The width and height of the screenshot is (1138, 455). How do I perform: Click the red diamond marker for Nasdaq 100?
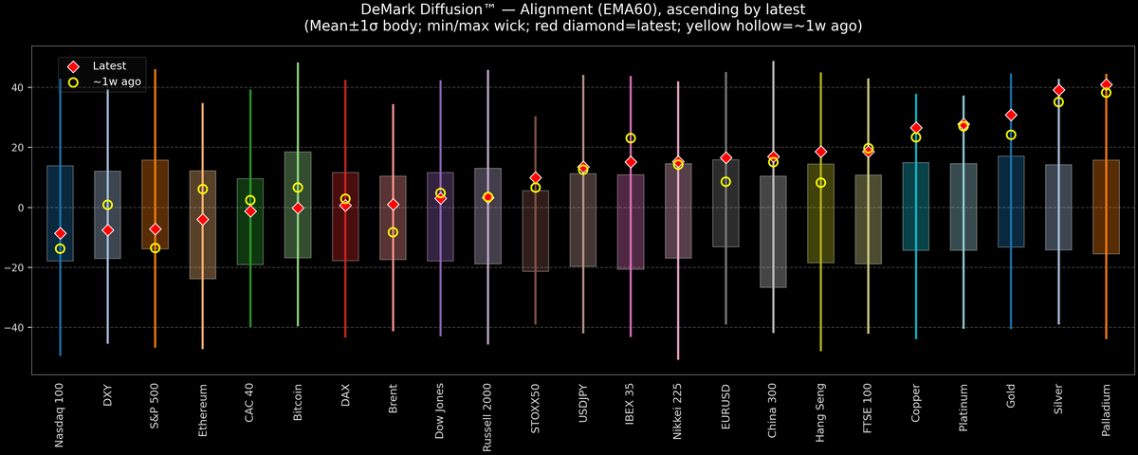click(60, 233)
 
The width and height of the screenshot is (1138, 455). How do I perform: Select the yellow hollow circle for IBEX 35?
click(631, 138)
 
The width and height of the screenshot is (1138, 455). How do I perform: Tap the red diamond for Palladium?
click(1106, 84)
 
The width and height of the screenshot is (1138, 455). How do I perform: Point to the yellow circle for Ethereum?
click(203, 190)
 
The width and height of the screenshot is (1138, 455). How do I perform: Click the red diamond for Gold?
click(1011, 115)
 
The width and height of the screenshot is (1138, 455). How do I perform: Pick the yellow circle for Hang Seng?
click(820, 183)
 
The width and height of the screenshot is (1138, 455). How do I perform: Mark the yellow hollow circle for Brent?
click(393, 232)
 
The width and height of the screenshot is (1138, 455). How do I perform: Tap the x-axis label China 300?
click(773, 409)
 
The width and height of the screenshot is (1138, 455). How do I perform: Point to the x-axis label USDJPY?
click(582, 404)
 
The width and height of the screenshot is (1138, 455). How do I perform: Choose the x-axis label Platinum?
click(964, 406)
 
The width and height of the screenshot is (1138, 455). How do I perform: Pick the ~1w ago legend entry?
click(113, 82)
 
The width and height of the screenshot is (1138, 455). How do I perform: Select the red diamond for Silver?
click(1058, 90)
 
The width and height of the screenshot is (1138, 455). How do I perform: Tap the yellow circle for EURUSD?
click(725, 182)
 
